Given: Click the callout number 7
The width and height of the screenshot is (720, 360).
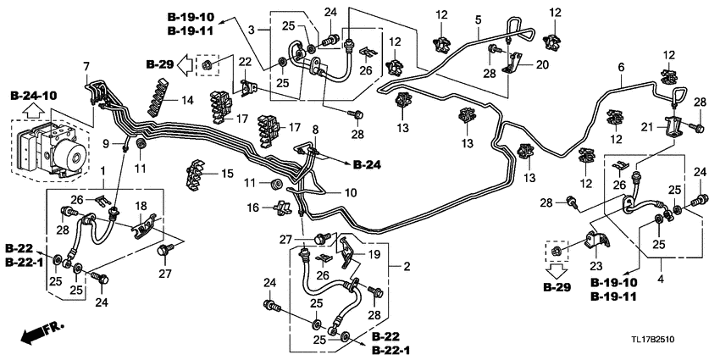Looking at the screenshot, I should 85,66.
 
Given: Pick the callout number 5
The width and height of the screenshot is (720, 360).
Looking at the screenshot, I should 478,19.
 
